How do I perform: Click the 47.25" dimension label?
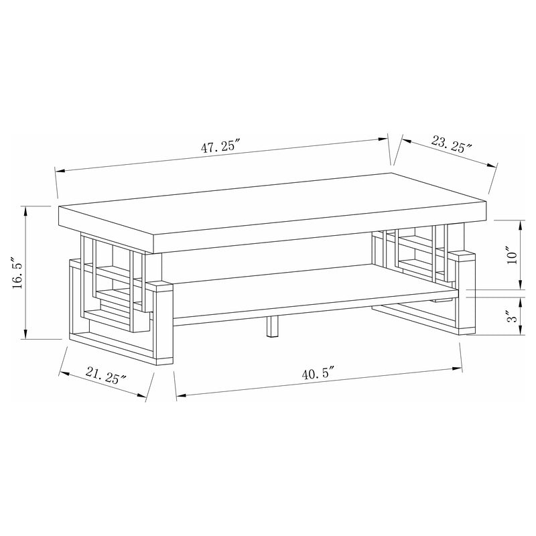pyautogui.click(x=221, y=149)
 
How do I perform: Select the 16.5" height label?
pyautogui.click(x=18, y=273)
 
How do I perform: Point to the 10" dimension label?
pyautogui.click(x=512, y=256)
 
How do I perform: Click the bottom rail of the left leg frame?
pyautogui.click(x=114, y=346)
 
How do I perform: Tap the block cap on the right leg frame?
pyautogui.click(x=462, y=256)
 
